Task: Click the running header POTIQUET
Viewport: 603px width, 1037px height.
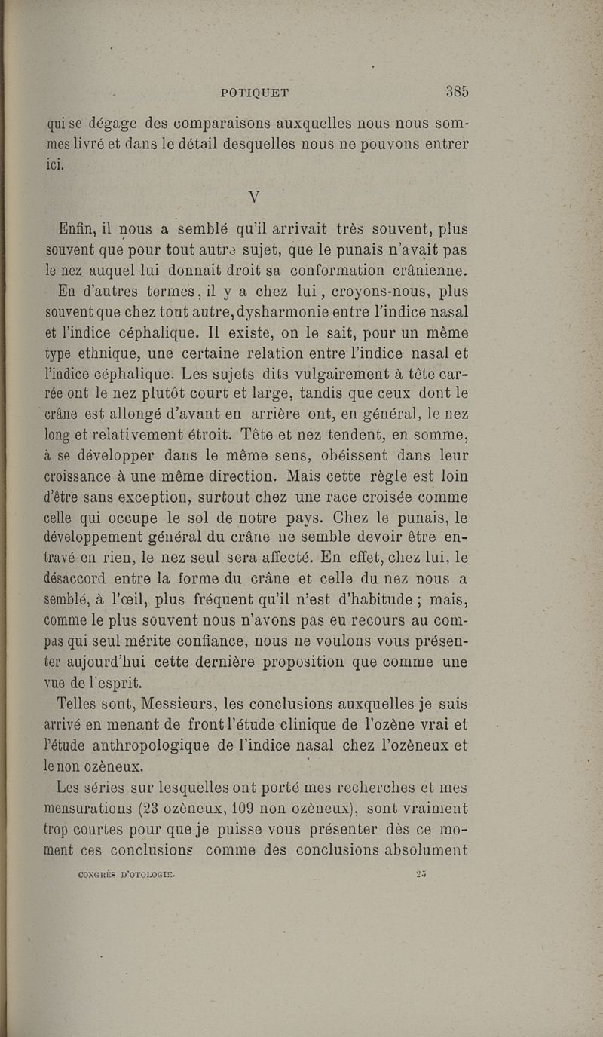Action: tap(255, 93)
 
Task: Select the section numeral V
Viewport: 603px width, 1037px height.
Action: tap(254, 197)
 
